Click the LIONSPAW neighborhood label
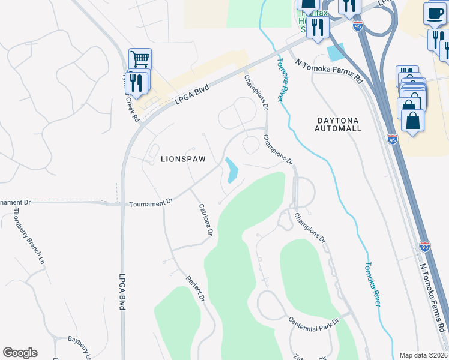[x=183, y=159]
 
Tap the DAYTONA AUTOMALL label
[x=339, y=124]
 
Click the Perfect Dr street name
[x=196, y=289]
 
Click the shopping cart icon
[x=140, y=59]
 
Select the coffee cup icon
[x=434, y=13]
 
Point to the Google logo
[x=20, y=353]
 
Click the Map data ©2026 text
[x=424, y=355]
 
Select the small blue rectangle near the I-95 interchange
[x=336, y=52]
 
